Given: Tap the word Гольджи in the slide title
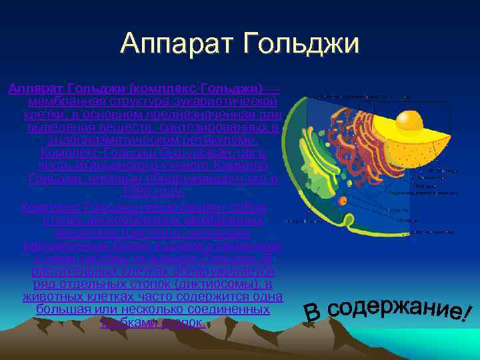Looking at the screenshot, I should click(303, 44).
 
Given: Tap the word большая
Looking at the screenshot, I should click(61, 310).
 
